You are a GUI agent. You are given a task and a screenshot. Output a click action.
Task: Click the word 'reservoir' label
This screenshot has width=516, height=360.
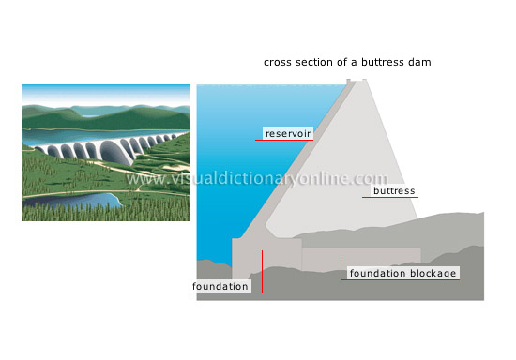[287, 133]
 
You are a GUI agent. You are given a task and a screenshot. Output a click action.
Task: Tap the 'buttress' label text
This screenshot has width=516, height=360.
[394, 191]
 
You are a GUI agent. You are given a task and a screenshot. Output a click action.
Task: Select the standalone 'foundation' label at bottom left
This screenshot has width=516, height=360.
[220, 286]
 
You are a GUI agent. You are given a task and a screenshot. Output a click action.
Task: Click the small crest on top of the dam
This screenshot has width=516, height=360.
[356, 83]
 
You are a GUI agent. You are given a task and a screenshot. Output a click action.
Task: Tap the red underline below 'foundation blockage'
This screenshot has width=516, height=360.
[403, 281]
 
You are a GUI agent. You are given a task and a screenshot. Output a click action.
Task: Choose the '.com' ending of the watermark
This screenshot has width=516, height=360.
[371, 178]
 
